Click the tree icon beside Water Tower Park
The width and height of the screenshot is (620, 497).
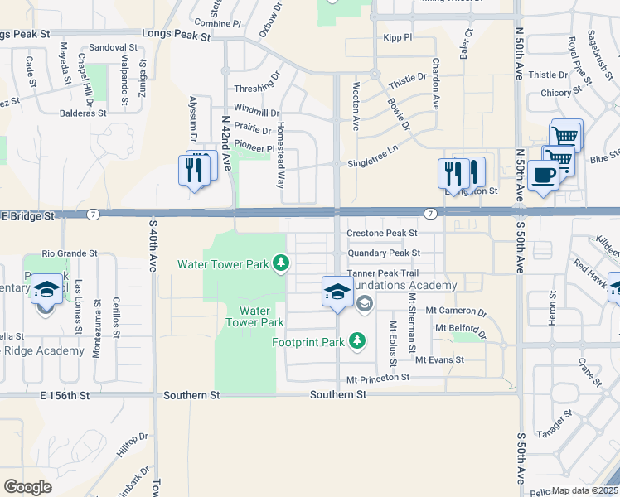tap(282, 263)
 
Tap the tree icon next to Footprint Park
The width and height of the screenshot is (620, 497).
tap(357, 340)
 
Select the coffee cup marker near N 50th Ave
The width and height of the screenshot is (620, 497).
tap(543, 176)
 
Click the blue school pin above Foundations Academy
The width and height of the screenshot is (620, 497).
tap(337, 292)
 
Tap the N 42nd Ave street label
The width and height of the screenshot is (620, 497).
tap(225, 142)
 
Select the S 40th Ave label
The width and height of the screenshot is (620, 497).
tap(153, 246)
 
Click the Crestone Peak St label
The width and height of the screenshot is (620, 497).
tap(381, 234)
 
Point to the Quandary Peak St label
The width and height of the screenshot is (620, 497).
tap(384, 253)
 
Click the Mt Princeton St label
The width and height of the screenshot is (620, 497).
tap(378, 378)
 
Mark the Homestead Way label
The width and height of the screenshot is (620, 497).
tap(281, 147)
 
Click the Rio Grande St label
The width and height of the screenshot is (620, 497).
tap(70, 253)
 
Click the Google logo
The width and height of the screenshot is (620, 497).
tap(28, 486)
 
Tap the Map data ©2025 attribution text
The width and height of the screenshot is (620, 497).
tap(584, 490)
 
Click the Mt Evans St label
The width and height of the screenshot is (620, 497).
tap(439, 359)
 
